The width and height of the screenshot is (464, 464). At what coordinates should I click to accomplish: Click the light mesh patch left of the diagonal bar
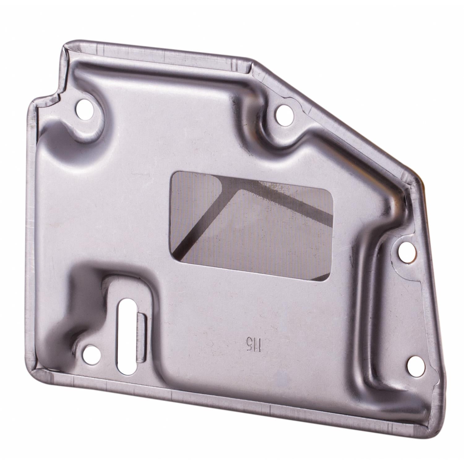(x=192, y=201)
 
